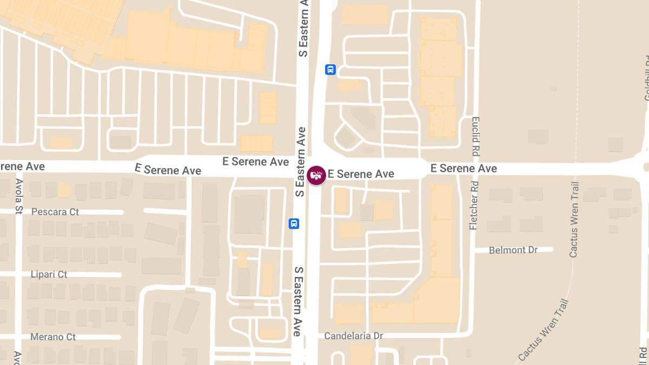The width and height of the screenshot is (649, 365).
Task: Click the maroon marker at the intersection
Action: pos(316,175)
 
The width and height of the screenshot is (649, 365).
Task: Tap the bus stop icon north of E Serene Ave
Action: pos(330,70)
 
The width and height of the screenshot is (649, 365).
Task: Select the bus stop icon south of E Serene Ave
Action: pos(294,223)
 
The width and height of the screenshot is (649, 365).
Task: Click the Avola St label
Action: pos(19,189)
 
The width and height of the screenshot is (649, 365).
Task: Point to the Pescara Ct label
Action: pos(55,211)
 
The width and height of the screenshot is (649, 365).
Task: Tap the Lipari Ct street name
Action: pos(49,274)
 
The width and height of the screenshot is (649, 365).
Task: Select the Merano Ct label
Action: pos(53,337)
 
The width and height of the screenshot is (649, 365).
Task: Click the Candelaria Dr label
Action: pos(354,336)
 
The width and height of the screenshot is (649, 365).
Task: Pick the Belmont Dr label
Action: pos(513,250)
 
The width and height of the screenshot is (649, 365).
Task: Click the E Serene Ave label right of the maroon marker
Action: pos(361,174)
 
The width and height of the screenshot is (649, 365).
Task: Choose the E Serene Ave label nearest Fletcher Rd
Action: pos(463,169)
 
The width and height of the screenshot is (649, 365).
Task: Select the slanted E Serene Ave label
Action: pos(168,170)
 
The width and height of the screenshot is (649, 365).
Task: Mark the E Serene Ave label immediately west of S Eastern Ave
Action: pos(256,162)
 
